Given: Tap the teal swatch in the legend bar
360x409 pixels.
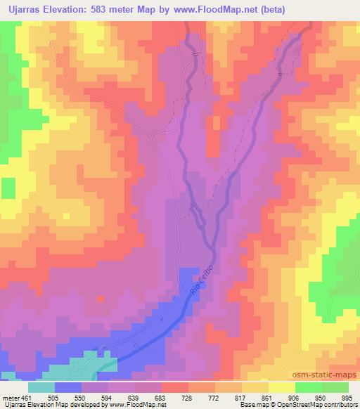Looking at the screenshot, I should point(41,387).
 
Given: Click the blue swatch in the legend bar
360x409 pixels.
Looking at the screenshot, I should point(68,387).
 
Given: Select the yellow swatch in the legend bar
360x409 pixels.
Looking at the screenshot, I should point(282,387).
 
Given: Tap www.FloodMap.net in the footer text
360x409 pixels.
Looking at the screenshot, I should point(136,405).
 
